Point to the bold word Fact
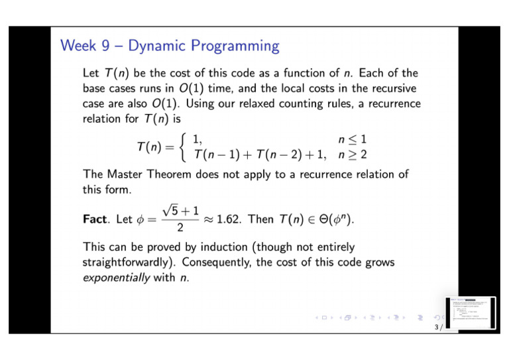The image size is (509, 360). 97,219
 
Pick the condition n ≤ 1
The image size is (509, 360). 352,139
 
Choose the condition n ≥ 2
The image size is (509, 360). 352,154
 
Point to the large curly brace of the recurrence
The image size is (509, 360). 184,147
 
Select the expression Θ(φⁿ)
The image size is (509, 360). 331,219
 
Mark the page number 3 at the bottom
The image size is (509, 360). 436,328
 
